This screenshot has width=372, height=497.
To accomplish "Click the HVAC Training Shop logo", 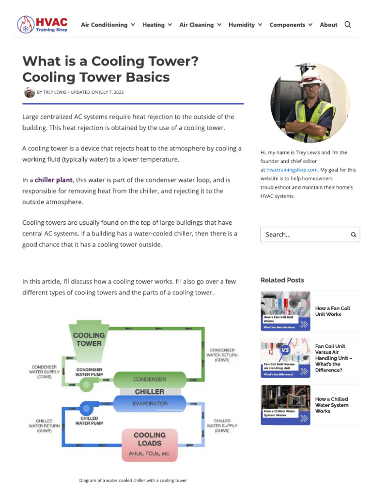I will [x=42, y=24].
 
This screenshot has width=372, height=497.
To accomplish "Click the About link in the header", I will [x=328, y=25].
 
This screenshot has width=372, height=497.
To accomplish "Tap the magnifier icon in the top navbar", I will [x=348, y=25].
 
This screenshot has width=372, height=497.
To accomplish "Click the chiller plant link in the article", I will [x=53, y=180].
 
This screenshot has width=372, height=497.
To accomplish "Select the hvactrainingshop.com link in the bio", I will [x=292, y=170].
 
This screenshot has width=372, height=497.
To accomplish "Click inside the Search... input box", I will [x=305, y=234].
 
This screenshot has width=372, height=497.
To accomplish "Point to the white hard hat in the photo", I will [x=310, y=80].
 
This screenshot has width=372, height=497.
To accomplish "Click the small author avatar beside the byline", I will [x=29, y=92].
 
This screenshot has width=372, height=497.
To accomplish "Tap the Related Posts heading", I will [x=282, y=280].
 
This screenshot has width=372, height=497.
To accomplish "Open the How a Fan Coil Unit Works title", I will [x=332, y=311].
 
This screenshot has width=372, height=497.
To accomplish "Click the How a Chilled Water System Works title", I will [x=331, y=405].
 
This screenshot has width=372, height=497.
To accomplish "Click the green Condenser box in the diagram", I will [x=149, y=379].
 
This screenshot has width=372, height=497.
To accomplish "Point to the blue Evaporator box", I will [x=149, y=403].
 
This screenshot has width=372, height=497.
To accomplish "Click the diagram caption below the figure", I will [x=133, y=480].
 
